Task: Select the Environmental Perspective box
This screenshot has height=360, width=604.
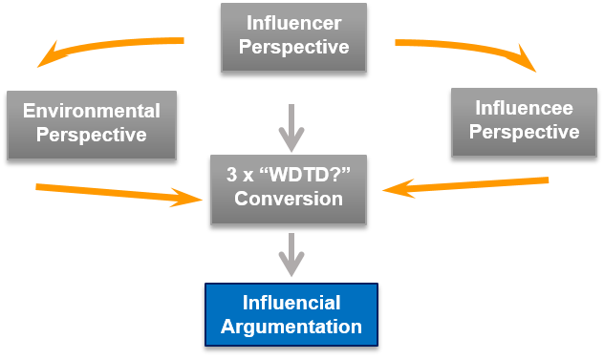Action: pos(92,124)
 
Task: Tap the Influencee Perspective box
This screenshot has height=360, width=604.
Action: pos(524,122)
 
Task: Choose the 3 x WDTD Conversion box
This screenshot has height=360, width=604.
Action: pos(289,189)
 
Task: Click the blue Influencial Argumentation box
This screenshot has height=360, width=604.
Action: pos(291,314)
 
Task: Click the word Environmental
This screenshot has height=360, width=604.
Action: pos(92,111)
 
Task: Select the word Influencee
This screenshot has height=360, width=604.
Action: pos(524,110)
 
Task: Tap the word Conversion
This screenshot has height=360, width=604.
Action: pos(289,201)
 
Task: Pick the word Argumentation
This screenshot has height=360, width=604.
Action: pos(291,327)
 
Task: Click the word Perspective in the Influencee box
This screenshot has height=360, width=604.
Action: pos(524,134)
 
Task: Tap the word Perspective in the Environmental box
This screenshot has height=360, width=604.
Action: pos(92,136)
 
